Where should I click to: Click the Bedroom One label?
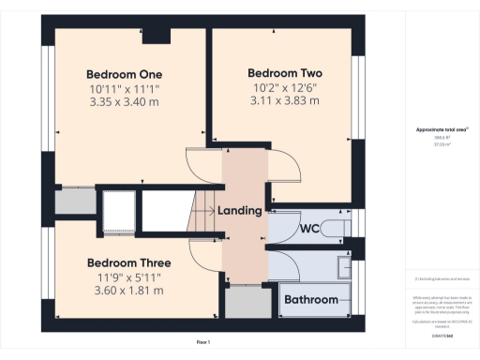click(125, 74)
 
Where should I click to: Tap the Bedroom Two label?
click(285, 72)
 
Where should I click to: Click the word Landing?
click(239, 211)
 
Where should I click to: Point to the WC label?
click(311, 229)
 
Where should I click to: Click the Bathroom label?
click(311, 300)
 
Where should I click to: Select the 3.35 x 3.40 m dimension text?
click(125, 102)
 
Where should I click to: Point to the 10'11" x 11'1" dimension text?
click(125, 88)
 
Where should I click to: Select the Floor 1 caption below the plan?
click(202, 344)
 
